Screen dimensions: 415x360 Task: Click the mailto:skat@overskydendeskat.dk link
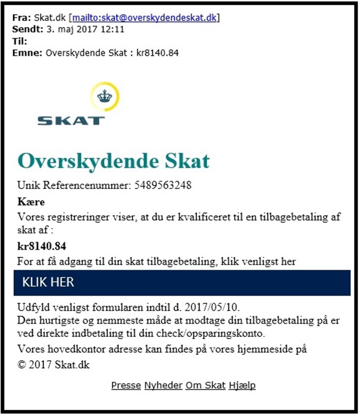(146, 18)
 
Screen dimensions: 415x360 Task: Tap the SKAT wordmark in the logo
(71, 120)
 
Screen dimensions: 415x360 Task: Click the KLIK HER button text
(48, 282)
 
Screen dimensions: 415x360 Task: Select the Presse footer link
(126, 385)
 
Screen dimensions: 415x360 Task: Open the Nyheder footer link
(163, 385)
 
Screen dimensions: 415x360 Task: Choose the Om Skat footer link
(206, 385)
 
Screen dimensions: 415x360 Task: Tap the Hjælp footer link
(242, 385)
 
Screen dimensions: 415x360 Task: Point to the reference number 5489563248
(162, 186)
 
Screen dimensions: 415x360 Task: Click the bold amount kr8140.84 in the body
(42, 245)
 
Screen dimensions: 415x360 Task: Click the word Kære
(31, 202)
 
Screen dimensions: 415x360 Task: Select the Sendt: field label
(26, 29)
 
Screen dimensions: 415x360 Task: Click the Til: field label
(20, 41)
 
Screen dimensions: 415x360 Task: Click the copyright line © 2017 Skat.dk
(54, 365)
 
